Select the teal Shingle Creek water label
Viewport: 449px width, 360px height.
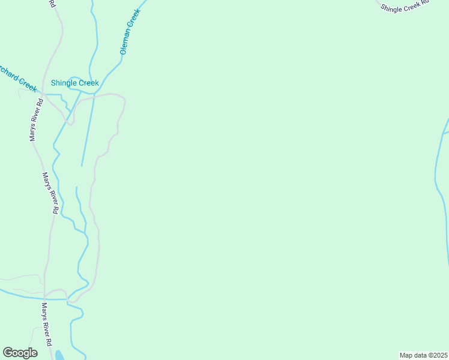(74, 83)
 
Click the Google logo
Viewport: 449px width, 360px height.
(20, 353)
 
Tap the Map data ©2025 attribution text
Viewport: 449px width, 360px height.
(424, 355)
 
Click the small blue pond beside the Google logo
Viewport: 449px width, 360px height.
(60, 355)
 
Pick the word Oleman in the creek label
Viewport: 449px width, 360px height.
(125, 43)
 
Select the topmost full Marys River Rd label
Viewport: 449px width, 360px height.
(36, 118)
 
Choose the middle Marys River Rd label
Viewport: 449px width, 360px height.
(49, 193)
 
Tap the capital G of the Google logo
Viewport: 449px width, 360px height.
(8, 353)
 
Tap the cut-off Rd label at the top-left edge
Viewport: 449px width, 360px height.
(53, 4)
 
